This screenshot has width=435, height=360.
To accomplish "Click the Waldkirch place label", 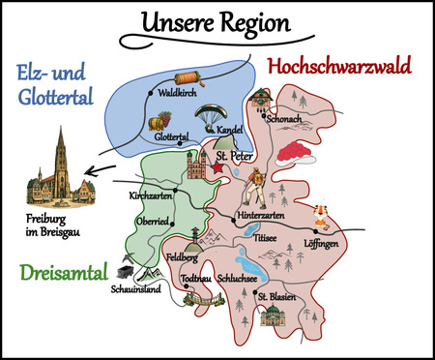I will point(177,95).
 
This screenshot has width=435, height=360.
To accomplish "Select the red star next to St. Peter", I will point(216,167).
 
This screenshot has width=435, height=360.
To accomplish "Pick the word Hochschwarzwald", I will point(338,66).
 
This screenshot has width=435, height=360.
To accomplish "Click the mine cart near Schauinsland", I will point(126,272).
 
